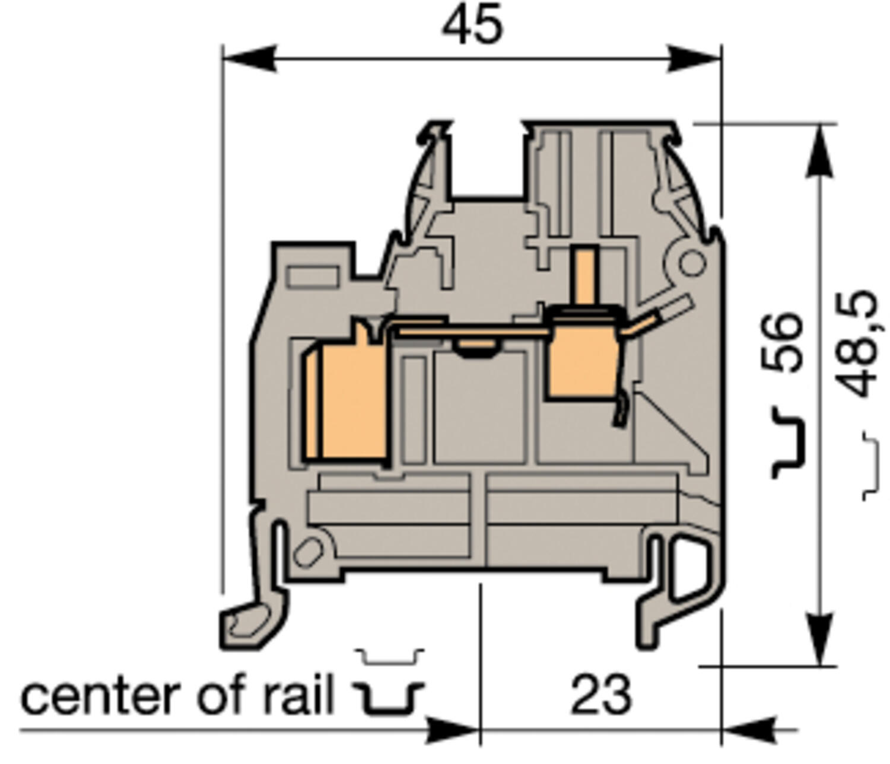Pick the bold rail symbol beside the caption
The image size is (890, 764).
click(389, 698)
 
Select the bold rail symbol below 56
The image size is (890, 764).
click(789, 443)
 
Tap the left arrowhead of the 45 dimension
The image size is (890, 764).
click(249, 59)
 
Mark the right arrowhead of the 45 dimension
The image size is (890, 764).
click(694, 59)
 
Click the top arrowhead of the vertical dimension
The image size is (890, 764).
click(821, 151)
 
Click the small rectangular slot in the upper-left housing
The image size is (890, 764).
click(313, 277)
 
